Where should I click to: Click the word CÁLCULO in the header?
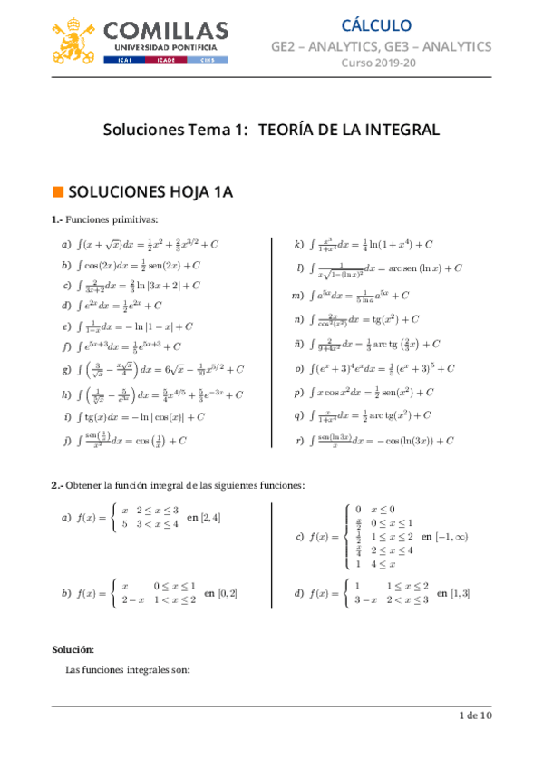click(377, 25)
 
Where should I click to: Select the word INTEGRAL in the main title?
click(397, 131)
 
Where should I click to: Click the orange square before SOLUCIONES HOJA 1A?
click(57, 191)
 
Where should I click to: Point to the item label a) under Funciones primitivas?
click(66, 245)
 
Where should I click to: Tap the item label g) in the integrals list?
click(66, 369)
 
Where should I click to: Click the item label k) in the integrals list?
click(298, 245)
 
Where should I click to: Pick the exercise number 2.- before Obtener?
click(57, 485)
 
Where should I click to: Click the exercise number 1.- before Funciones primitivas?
click(57, 219)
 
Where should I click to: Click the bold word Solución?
click(73, 649)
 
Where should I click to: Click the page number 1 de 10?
click(474, 716)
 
